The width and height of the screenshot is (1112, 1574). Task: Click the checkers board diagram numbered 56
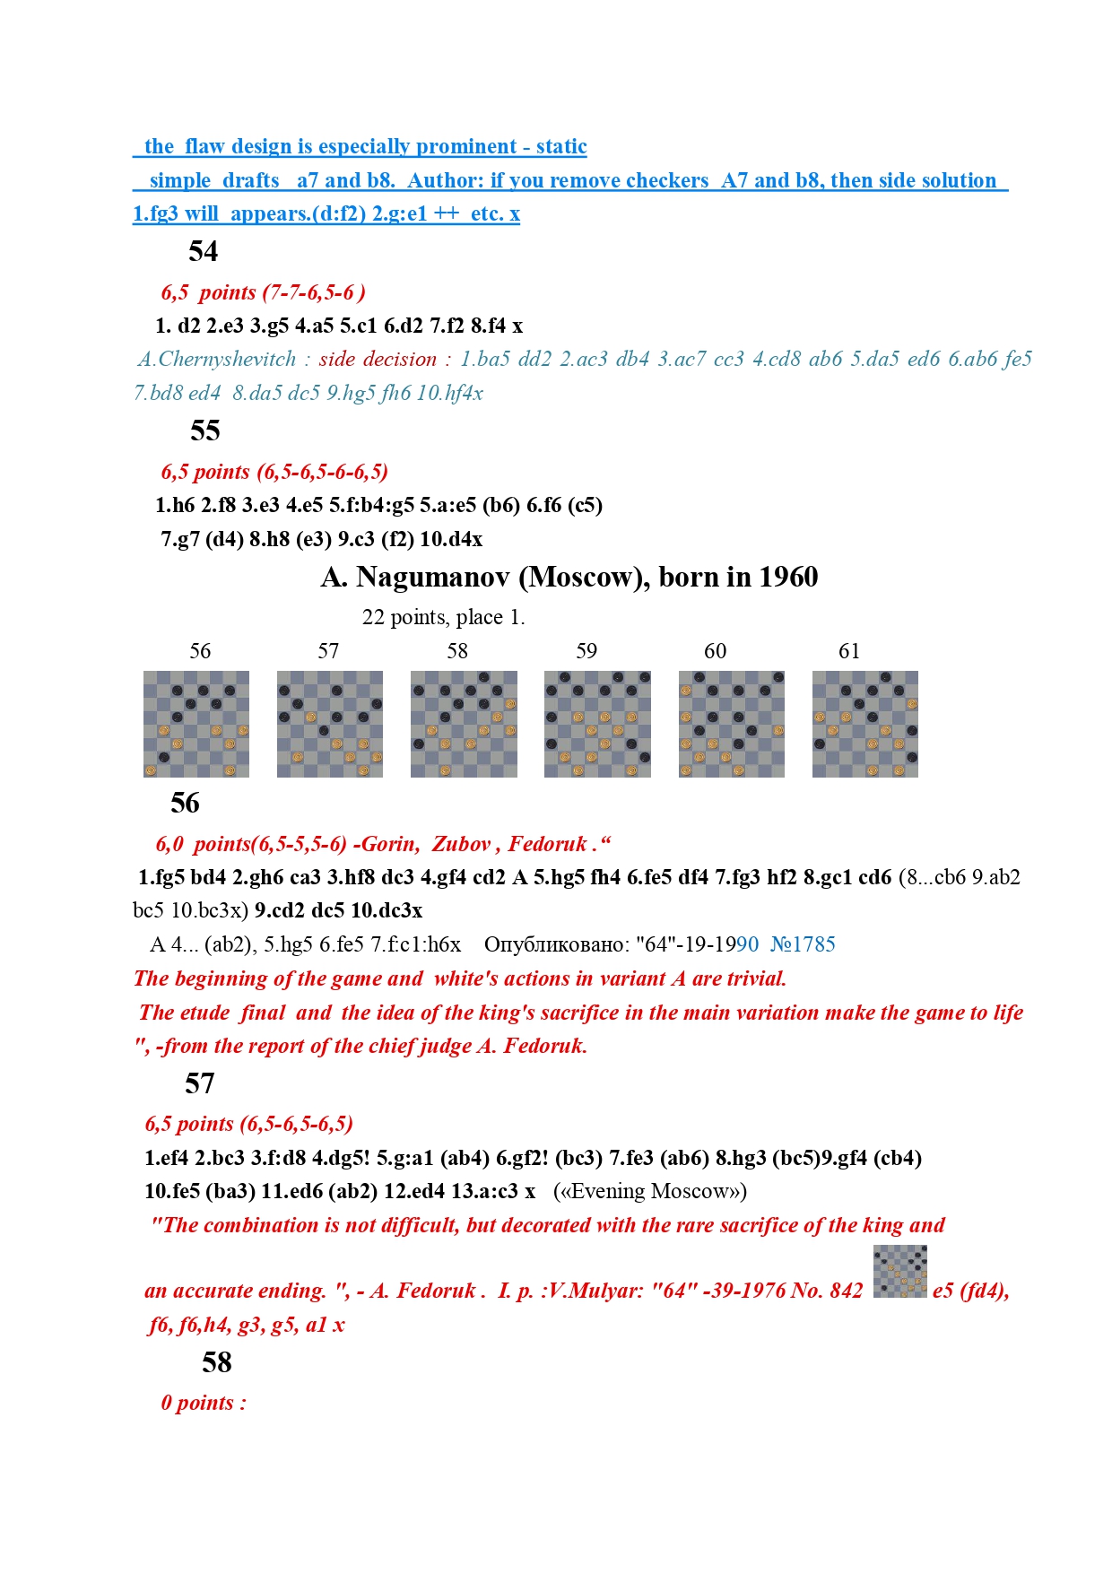pos(196,724)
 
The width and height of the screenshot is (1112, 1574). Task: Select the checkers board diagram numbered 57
pos(330,724)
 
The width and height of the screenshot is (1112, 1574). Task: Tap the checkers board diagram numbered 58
pos(464,724)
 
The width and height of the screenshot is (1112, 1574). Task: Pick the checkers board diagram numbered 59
pos(597,724)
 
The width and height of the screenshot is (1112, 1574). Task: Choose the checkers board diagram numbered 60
pos(732,724)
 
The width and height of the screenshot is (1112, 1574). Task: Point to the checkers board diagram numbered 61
pos(865,724)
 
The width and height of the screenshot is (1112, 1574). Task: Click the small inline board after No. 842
pos(899,1271)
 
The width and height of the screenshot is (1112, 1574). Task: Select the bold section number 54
pos(204,251)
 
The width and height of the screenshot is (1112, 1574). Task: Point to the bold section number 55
pos(205,430)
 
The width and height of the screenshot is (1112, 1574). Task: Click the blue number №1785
pos(803,944)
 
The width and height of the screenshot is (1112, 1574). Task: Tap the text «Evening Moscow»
pos(650,1191)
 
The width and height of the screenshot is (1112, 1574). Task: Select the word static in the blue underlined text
pos(561,146)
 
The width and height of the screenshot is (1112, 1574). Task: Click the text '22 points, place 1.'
pos(443,617)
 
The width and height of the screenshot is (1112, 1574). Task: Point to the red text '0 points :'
pos(204,1403)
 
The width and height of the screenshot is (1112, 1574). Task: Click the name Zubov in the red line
pos(461,844)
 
